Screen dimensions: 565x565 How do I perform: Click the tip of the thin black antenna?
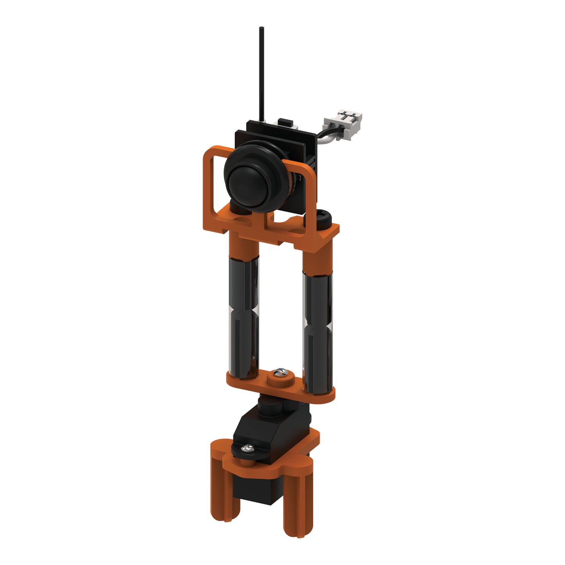coord(261,28)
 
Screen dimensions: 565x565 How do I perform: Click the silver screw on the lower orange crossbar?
coord(280,373)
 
